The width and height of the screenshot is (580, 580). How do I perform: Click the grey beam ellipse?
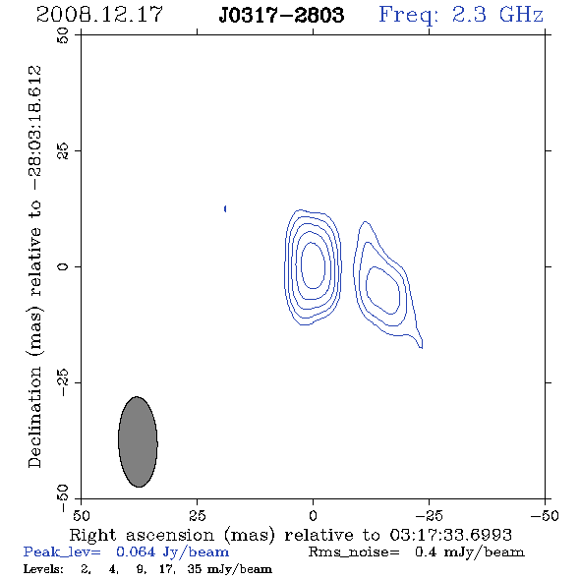tap(138, 441)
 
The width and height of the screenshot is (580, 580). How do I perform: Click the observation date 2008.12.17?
tap(99, 15)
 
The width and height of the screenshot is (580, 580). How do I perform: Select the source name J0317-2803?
tap(281, 15)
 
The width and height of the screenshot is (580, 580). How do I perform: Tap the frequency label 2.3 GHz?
tap(497, 15)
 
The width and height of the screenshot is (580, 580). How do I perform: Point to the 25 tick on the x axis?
tap(197, 515)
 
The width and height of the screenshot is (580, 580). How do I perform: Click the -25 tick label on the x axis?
tap(429, 515)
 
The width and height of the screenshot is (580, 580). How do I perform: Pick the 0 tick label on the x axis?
tap(313, 515)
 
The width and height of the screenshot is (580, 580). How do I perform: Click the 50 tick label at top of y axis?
tap(63, 35)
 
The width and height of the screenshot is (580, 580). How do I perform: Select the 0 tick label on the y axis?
tap(63, 266)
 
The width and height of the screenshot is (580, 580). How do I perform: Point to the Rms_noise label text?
tap(354, 552)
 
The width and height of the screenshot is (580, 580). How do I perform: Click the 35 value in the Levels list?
tap(195, 568)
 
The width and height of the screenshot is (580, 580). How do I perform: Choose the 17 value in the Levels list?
tap(167, 568)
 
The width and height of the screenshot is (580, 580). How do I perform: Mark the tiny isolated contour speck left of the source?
tap(225, 209)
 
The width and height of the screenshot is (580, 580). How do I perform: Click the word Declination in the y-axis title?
tap(34, 417)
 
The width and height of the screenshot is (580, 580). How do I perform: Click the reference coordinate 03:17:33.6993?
tap(450, 535)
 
